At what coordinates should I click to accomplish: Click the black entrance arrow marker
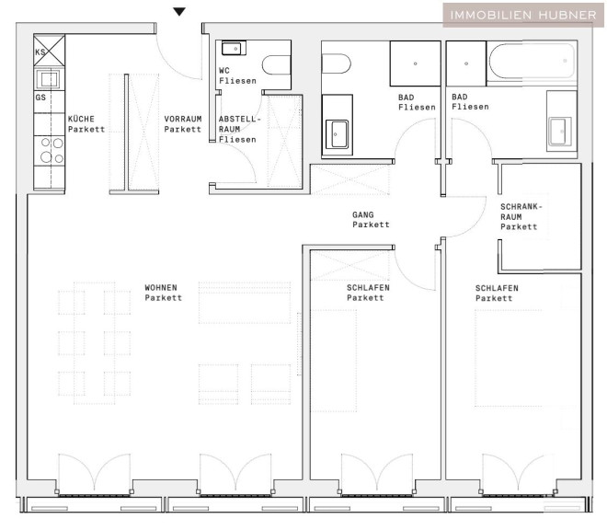[x=179, y=12]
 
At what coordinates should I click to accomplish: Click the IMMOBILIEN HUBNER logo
[x=523, y=15]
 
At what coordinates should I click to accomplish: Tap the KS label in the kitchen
[x=40, y=52]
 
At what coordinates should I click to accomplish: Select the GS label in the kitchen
[x=40, y=98]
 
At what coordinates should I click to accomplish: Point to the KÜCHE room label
[x=81, y=119]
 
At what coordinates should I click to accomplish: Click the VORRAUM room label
[x=183, y=119]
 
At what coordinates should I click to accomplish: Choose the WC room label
[x=224, y=71]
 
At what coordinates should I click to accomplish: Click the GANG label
[x=363, y=214]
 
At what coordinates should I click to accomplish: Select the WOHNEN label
[x=161, y=287]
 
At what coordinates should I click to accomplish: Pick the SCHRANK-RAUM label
[x=521, y=212]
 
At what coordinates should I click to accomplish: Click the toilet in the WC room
[x=277, y=65]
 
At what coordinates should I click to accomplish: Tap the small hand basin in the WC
[x=234, y=49]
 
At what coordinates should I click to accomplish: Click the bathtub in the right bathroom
[x=532, y=62]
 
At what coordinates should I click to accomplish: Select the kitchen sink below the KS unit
[x=49, y=79]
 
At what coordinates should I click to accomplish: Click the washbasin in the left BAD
[x=337, y=134]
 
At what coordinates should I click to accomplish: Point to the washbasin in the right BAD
[x=560, y=132]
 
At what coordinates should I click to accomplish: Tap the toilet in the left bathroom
[x=336, y=63]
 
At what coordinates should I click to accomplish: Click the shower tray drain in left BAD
[x=416, y=63]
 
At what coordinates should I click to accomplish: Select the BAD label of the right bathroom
[x=460, y=97]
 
